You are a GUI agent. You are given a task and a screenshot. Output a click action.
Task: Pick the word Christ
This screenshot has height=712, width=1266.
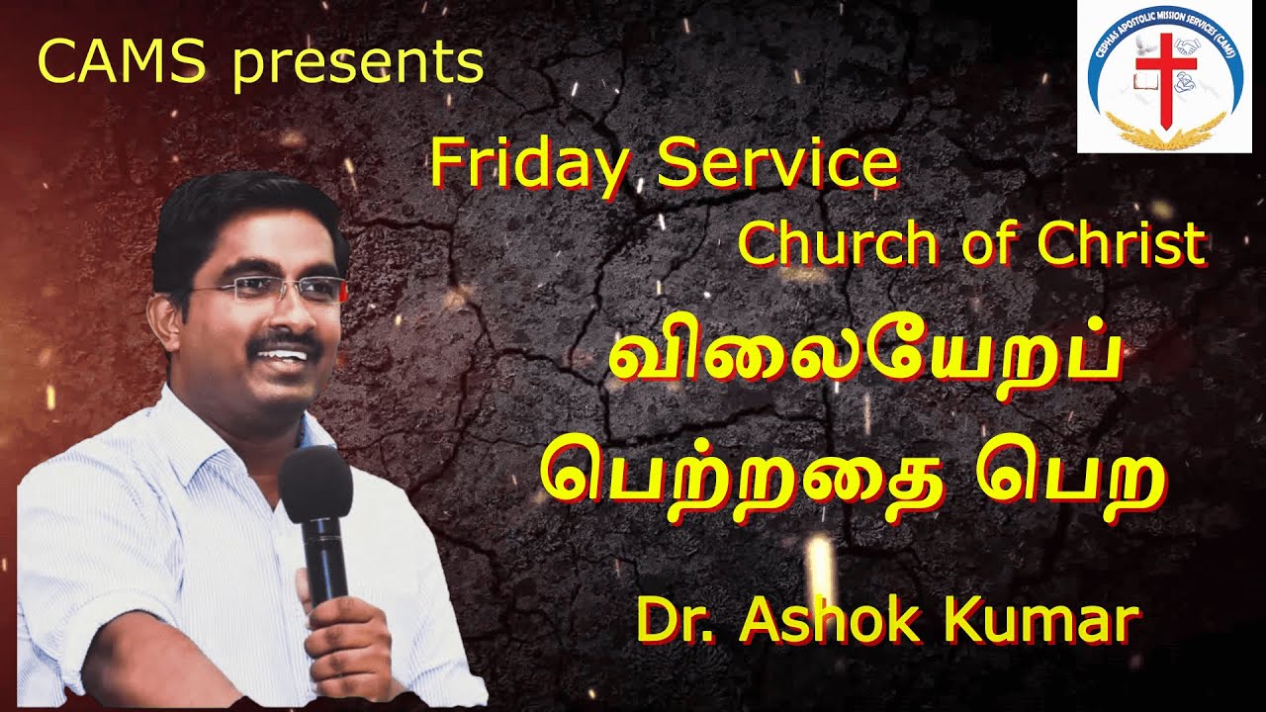coord(1122,244)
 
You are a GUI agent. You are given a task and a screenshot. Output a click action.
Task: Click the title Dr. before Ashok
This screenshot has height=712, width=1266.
coord(673,620)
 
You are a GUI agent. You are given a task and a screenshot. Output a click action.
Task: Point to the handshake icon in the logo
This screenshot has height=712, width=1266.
coord(1187,45)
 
